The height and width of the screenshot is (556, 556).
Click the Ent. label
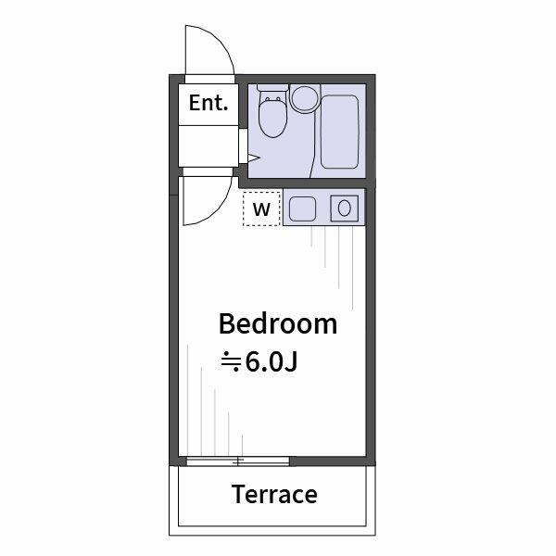point(208,103)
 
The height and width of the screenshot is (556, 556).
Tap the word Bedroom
point(278,323)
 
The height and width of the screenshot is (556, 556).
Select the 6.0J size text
point(272,362)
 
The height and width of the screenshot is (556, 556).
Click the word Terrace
point(274,494)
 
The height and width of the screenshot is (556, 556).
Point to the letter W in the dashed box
point(261,209)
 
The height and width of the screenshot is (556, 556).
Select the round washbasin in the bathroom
point(305,98)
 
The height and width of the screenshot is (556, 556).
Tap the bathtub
point(340,132)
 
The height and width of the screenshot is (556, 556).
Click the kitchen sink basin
point(302,208)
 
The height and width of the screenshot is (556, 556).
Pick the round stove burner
point(345,208)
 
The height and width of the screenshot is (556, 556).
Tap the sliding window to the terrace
point(238,461)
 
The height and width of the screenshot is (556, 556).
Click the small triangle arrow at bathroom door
point(254,158)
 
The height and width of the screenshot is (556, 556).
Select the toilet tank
point(272,88)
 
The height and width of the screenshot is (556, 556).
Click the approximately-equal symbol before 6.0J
point(231,362)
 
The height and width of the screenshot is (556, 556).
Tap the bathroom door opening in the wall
point(243,145)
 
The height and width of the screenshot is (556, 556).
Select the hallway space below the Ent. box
point(208,145)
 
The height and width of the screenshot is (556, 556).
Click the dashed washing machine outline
point(261,208)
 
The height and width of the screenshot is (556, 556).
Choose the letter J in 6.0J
point(291,362)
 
